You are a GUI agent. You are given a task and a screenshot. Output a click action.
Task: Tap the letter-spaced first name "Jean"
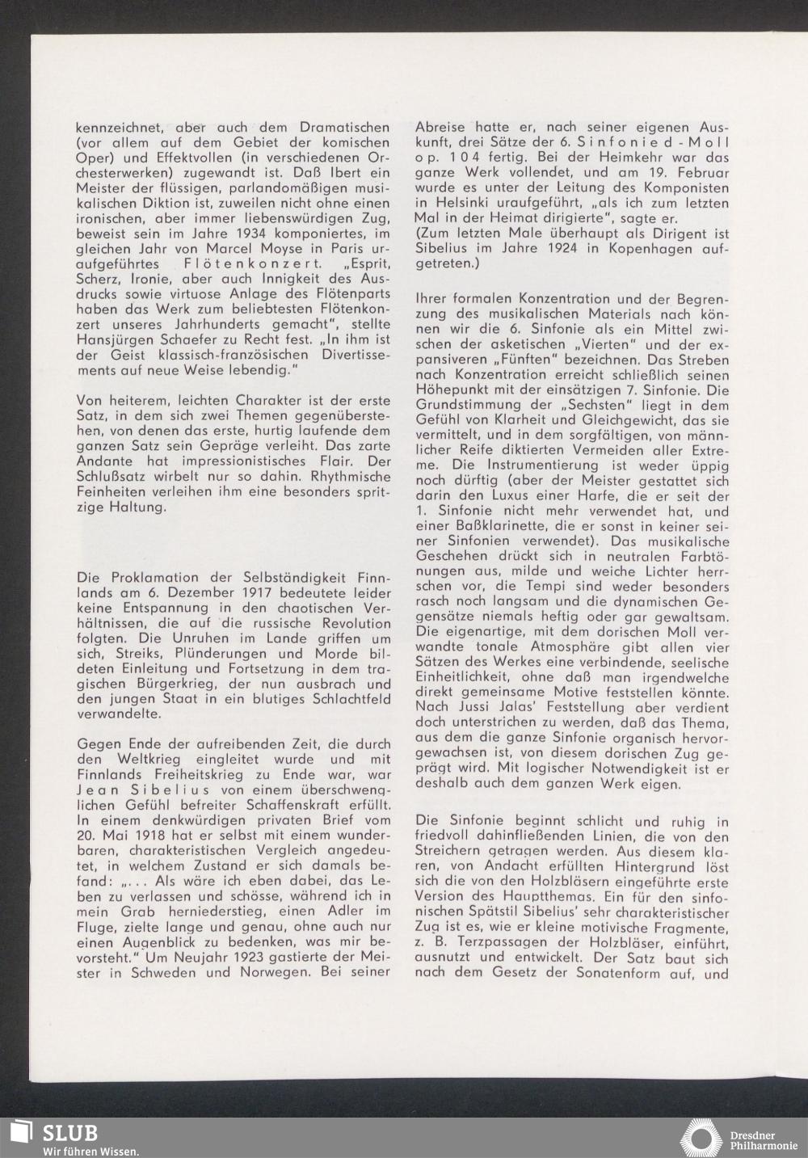[x=96, y=789]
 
